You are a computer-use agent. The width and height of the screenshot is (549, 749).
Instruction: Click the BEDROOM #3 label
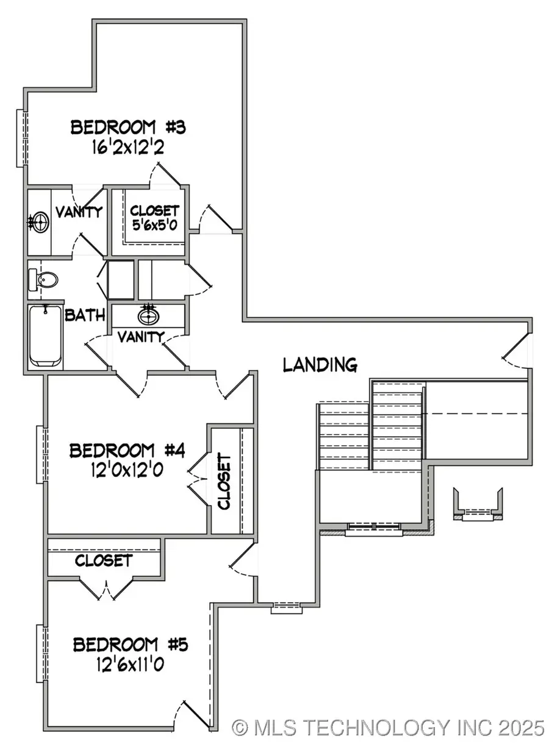pyautogui.click(x=127, y=128)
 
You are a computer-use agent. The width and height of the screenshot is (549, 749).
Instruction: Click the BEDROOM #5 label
pyautogui.click(x=131, y=644)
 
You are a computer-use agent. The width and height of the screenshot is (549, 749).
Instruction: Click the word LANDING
pyautogui.click(x=320, y=365)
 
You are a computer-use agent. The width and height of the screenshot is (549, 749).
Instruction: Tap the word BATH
pyautogui.click(x=85, y=315)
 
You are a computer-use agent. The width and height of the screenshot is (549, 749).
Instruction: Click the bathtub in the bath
pyautogui.click(x=45, y=335)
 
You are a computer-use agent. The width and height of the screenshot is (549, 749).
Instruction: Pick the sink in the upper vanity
pyautogui.click(x=40, y=222)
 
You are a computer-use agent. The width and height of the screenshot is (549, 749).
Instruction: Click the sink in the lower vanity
pyautogui.click(x=147, y=316)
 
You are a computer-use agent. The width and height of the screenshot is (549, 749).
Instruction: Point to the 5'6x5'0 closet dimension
pyautogui.click(x=154, y=225)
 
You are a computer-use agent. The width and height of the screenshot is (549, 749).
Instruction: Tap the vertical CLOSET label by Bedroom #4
pyautogui.click(x=224, y=481)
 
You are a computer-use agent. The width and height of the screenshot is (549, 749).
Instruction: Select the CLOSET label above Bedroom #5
pyautogui.click(x=104, y=560)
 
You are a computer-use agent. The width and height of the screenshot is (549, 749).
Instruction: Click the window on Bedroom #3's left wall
pyautogui.click(x=21, y=138)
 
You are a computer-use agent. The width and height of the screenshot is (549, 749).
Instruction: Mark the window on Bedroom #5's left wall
pyautogui.click(x=41, y=654)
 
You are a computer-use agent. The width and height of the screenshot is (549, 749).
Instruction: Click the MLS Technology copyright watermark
pyautogui.click(x=388, y=727)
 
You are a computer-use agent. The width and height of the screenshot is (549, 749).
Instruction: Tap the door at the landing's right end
pyautogui.click(x=518, y=349)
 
